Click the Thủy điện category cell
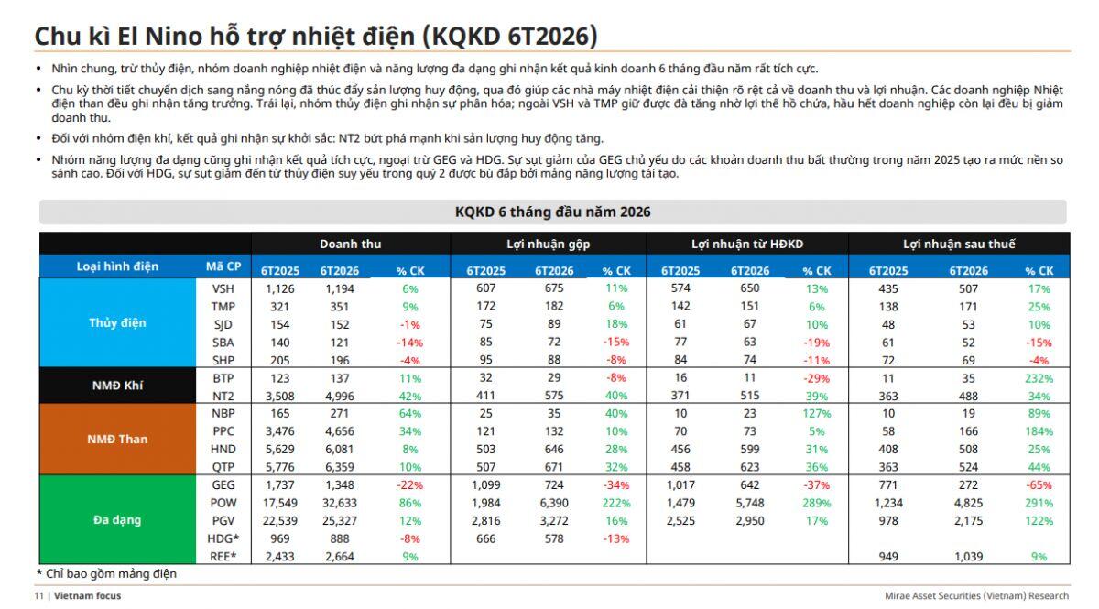tap(117, 322)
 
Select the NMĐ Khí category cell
tap(117, 386)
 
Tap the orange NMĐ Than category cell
tap(117, 439)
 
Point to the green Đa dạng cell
tap(117, 519)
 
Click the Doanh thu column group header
tap(350, 244)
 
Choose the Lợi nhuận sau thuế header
tap(959, 244)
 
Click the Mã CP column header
tap(223, 266)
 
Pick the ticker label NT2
tap(223, 396)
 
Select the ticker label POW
tap(223, 503)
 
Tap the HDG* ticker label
tap(223, 538)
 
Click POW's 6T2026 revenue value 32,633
tap(340, 503)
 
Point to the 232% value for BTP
tap(1039, 378)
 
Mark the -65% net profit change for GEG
tap(1039, 485)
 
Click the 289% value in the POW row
tap(817, 503)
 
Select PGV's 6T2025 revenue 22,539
tap(279, 521)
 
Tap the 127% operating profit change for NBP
tap(817, 414)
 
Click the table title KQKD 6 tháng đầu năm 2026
tap(553, 212)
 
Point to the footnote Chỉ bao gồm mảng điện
tap(112, 573)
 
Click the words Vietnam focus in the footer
tap(87, 596)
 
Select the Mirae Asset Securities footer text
tap(976, 596)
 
